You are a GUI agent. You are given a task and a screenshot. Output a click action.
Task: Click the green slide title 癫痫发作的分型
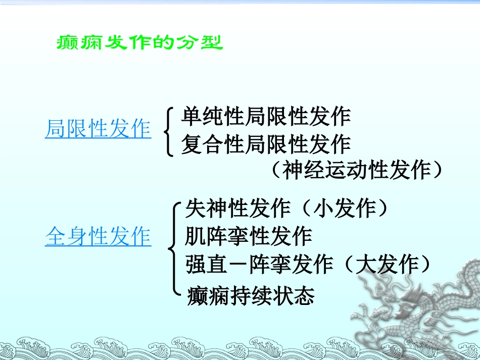coord(138,43)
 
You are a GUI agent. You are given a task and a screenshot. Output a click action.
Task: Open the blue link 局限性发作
coord(98,129)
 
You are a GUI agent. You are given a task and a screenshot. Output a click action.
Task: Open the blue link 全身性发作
coord(98,236)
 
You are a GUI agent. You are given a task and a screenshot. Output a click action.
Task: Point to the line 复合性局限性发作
coord(266,144)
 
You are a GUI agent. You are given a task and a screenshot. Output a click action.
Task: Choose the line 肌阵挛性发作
coord(249,236)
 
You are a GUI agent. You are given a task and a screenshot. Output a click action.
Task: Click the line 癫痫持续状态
coord(251,295)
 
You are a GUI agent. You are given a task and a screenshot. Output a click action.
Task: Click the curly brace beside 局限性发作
coord(168,130)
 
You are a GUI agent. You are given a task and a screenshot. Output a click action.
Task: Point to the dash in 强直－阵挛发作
coord(238,265)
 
